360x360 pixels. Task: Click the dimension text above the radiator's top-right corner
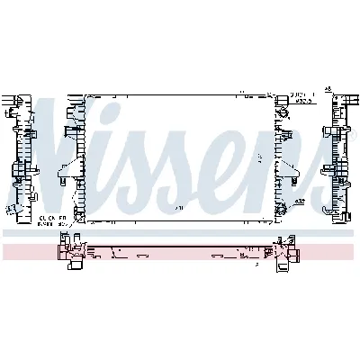pos(301,94)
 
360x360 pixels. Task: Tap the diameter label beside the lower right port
pos(305,201)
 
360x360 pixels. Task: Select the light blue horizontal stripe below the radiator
pos(180,233)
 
